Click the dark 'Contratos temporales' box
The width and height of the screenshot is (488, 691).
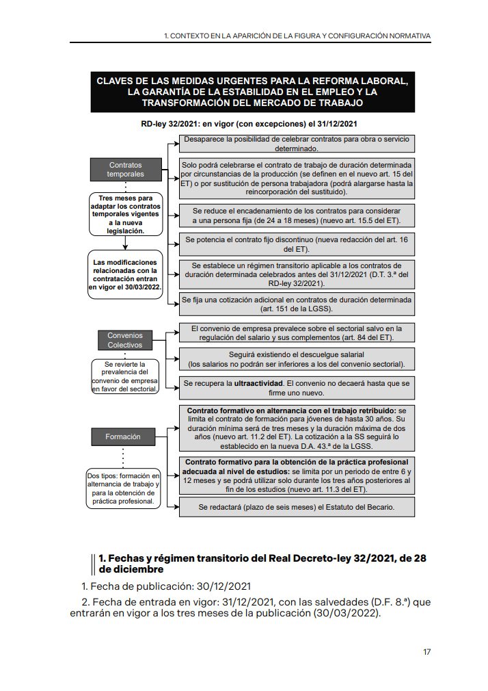[x=125, y=170]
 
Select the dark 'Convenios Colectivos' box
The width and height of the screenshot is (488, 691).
[x=125, y=340]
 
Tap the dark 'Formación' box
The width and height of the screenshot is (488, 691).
[x=123, y=436]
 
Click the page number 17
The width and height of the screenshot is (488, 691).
[x=426, y=651]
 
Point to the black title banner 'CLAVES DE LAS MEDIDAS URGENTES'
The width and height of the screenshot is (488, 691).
[x=252, y=92]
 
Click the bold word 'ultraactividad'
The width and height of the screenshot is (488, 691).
[x=259, y=384]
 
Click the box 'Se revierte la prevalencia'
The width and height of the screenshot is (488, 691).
[x=125, y=376]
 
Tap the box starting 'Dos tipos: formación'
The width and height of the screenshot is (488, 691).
[x=124, y=488]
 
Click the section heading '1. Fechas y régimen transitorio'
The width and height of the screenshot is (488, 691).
[x=262, y=564]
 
